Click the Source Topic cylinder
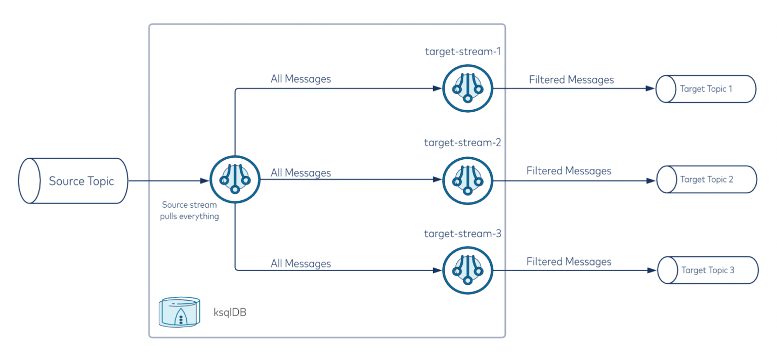pyautogui.click(x=73, y=181)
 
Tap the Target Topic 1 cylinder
pyautogui.click(x=706, y=89)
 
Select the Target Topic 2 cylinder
pyautogui.click(x=706, y=179)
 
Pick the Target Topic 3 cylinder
pyautogui.click(x=708, y=270)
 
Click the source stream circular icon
pyautogui.click(x=235, y=181)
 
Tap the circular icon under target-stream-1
pyautogui.click(x=467, y=88)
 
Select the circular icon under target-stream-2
pyautogui.click(x=467, y=179)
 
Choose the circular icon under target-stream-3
pyautogui.click(x=467, y=270)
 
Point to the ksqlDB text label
pyautogui.click(x=230, y=312)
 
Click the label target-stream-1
pyautogui.click(x=463, y=51)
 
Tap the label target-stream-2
pyautogui.click(x=463, y=143)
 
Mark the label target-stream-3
pyautogui.click(x=463, y=234)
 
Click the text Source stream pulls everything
pyautogui.click(x=190, y=211)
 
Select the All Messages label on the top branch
pyautogui.click(x=301, y=79)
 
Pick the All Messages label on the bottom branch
pyautogui.click(x=301, y=263)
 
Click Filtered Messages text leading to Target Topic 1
pyautogui.click(x=571, y=80)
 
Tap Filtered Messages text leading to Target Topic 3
pyautogui.click(x=569, y=261)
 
